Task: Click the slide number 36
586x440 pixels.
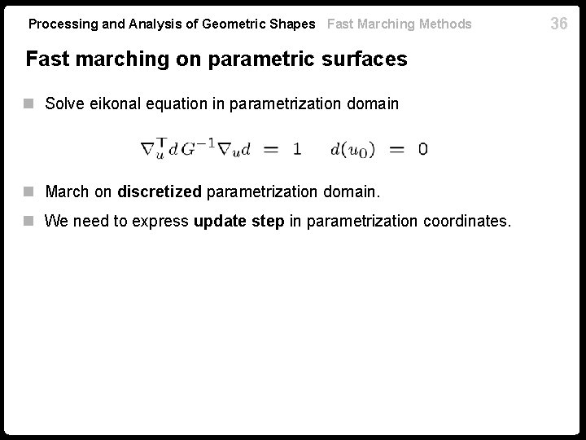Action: [x=558, y=24]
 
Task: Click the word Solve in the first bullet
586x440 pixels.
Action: [x=62, y=103]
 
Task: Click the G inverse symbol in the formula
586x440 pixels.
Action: [x=200, y=147]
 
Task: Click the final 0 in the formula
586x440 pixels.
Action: [x=422, y=149]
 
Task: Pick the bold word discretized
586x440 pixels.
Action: [x=160, y=192]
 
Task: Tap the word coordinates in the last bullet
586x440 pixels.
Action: [x=466, y=220]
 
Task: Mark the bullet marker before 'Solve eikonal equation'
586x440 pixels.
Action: [x=30, y=103]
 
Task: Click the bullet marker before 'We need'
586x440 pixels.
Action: [x=30, y=220]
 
